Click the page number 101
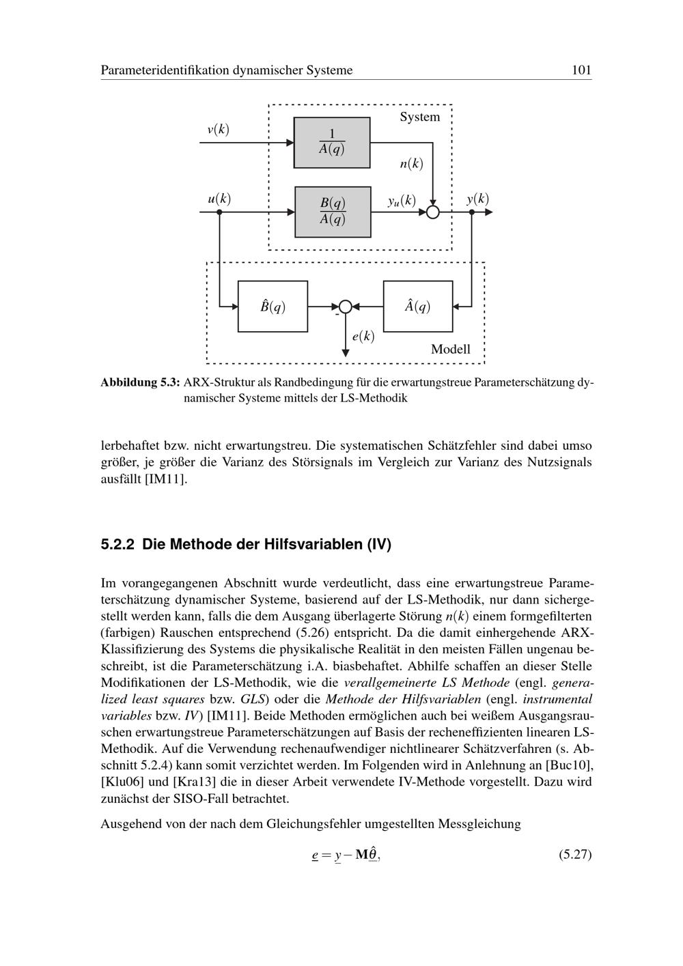[581, 70]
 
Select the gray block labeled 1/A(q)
[332, 143]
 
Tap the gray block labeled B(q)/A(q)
[333, 212]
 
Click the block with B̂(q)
[273, 307]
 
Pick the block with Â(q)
[418, 307]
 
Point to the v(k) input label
[218, 129]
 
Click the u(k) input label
[219, 199]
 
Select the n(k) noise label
[411, 164]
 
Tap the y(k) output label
[477, 199]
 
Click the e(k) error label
[363, 336]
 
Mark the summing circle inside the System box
[433, 212]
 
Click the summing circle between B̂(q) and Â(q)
[346, 307]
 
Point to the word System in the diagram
[420, 117]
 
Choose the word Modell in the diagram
[451, 349]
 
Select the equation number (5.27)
[575, 854]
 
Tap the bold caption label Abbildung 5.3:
[140, 382]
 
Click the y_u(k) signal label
[402, 200]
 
